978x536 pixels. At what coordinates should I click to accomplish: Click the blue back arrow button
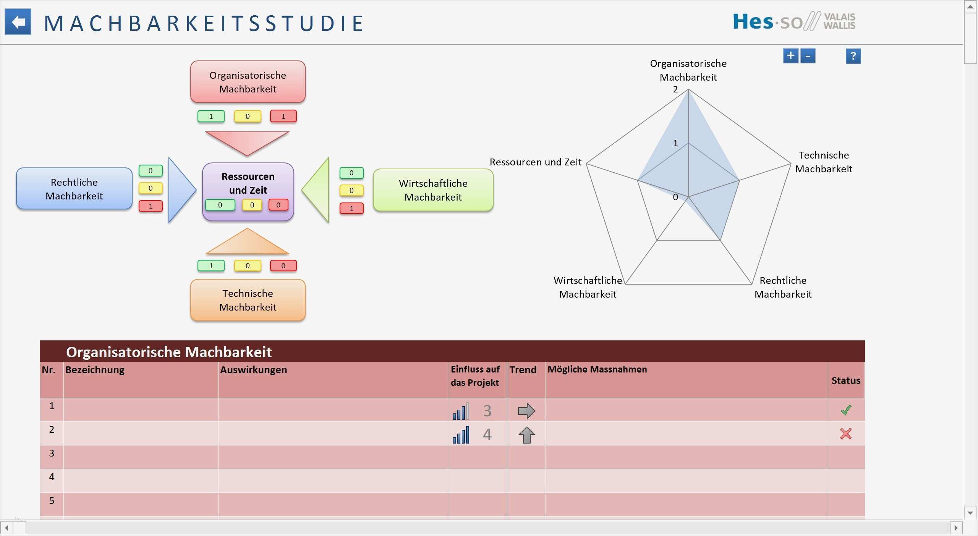(18, 22)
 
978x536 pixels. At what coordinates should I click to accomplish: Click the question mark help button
(853, 56)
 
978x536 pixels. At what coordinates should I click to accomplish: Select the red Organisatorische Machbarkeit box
(248, 82)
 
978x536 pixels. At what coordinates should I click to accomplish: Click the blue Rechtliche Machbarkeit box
(74, 189)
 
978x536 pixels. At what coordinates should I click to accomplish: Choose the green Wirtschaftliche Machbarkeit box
(433, 190)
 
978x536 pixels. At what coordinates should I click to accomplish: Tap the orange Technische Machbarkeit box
(248, 300)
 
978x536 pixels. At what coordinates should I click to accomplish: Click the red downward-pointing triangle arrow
(247, 141)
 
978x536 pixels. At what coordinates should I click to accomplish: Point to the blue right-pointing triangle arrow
(180, 189)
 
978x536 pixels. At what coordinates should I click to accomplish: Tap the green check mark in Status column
(846, 410)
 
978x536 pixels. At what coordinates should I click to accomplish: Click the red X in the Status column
(846, 434)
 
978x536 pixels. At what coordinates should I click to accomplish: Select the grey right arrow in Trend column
(526, 411)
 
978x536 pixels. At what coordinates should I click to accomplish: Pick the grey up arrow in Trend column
(526, 435)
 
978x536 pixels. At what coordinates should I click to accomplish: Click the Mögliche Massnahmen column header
(597, 369)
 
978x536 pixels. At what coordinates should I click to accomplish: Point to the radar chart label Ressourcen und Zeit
(535, 162)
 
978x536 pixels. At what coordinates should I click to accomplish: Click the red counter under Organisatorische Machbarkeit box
(283, 116)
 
